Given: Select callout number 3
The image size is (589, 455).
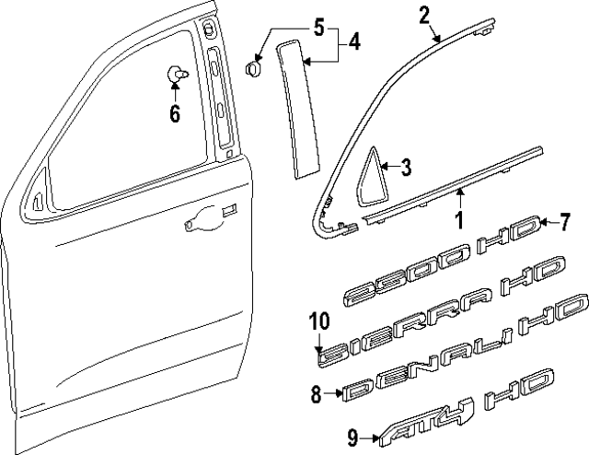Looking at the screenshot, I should pos(406,167).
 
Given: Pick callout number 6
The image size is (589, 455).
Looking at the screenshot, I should pos(175,114).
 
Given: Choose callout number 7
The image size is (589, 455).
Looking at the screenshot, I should pos(566,248).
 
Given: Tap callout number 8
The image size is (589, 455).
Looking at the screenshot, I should pos(316,394).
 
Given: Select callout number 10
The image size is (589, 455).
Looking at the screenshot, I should pos(318,321).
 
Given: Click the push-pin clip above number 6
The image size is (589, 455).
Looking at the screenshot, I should pos(174,74).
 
